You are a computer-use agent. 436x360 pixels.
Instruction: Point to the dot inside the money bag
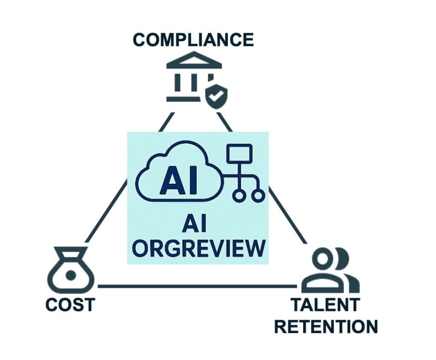pos(70,276)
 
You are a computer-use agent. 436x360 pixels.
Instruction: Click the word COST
pos(70,305)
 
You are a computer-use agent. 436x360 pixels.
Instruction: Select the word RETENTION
pos(326,326)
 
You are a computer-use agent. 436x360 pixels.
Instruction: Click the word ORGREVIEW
pos(198,248)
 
